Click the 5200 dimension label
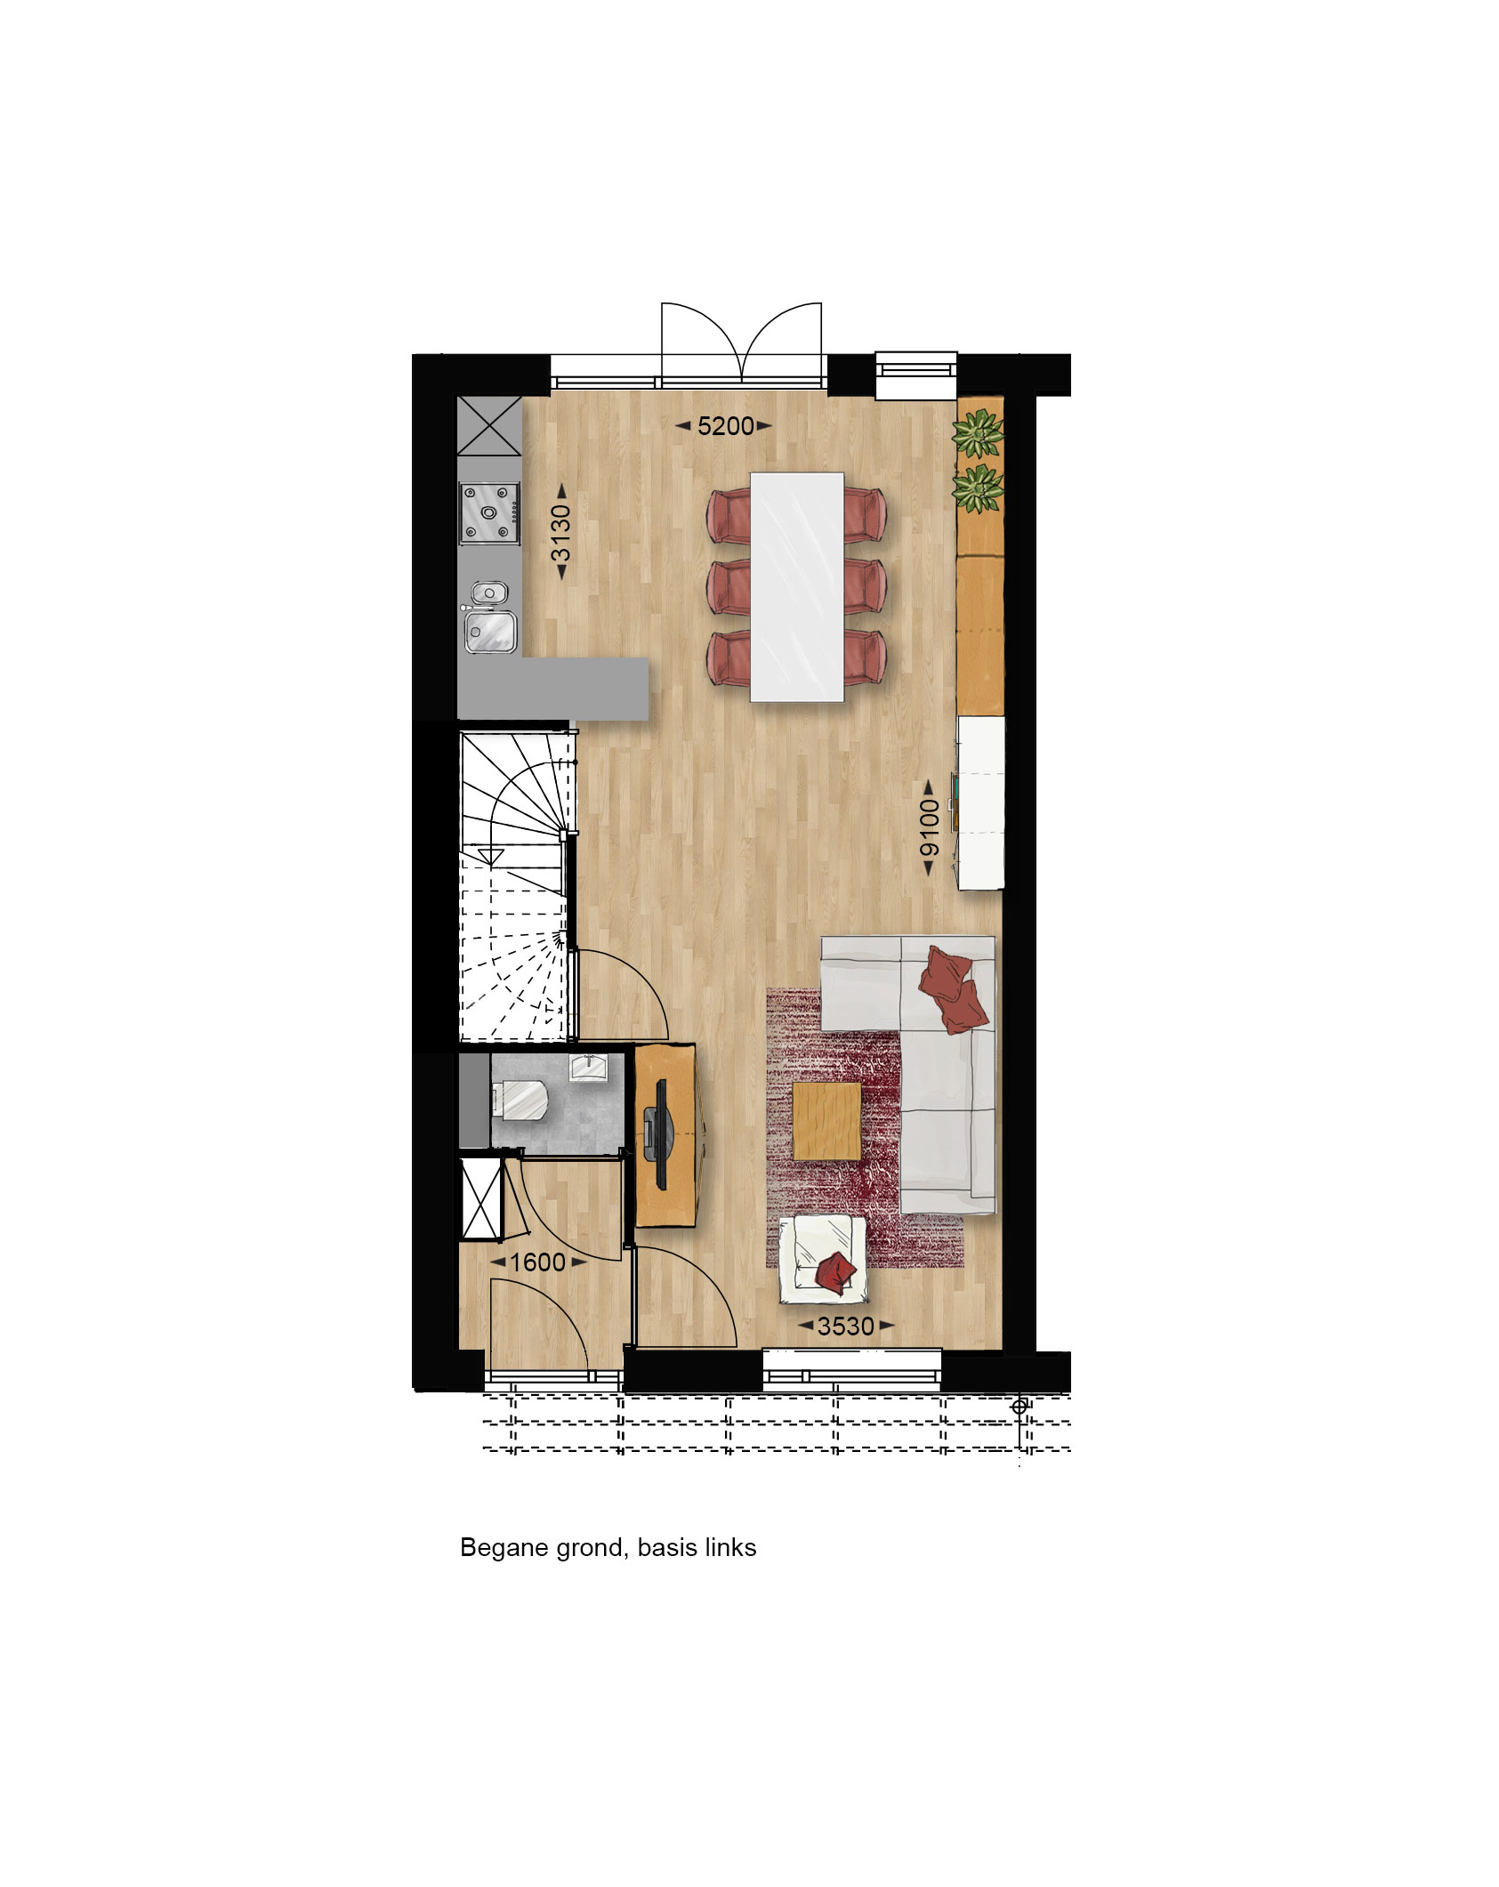pos(725,426)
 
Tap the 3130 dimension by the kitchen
pos(560,533)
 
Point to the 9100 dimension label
pos(929,827)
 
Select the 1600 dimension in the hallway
pos(537,1262)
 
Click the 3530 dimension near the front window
pos(846,1327)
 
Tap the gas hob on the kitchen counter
pos(488,512)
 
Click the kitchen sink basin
pos(489,631)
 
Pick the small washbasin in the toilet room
pos(588,1067)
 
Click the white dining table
pos(797,587)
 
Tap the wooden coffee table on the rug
pos(827,1121)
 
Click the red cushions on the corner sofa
pos(953,988)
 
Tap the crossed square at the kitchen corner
pos(488,426)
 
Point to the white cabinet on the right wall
pos(980,802)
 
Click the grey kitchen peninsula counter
pos(552,689)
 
